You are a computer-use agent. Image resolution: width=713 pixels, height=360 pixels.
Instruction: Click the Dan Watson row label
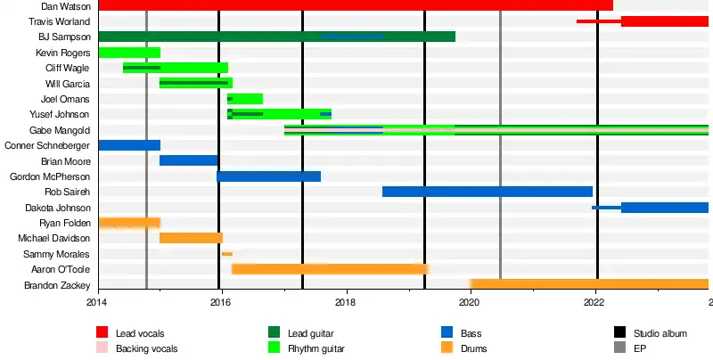(x=65, y=6)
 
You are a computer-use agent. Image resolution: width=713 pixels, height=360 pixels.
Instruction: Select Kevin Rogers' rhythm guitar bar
(x=129, y=53)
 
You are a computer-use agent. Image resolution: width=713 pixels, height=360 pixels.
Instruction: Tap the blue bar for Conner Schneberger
(x=129, y=145)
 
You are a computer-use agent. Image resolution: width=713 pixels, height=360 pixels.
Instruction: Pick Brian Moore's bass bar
(x=189, y=160)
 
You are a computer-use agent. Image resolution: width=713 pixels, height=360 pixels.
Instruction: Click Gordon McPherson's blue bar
(x=268, y=176)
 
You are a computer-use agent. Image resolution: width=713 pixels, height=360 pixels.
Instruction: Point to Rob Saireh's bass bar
(x=488, y=192)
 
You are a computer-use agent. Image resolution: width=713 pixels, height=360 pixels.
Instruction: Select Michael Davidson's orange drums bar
(x=191, y=238)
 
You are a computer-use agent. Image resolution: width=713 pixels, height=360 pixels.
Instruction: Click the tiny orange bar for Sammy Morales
(x=227, y=254)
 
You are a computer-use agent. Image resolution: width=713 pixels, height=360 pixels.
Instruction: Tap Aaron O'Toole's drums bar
(x=330, y=269)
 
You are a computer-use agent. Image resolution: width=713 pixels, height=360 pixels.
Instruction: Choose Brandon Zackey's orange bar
(x=589, y=284)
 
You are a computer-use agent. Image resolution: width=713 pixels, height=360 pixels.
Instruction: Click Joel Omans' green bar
(x=247, y=99)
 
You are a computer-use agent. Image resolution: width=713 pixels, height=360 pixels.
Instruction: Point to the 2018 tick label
(x=346, y=303)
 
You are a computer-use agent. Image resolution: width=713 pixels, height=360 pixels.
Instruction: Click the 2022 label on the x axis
(x=594, y=303)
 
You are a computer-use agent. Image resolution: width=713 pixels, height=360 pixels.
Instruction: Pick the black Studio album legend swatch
(x=620, y=332)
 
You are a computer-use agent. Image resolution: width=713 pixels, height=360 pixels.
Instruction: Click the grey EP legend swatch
(x=620, y=348)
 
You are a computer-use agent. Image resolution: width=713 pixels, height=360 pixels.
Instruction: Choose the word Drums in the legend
(x=473, y=348)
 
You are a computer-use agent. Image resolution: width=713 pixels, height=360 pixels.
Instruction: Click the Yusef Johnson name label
(x=60, y=114)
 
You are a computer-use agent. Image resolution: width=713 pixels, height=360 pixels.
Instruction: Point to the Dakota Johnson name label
(x=56, y=208)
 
